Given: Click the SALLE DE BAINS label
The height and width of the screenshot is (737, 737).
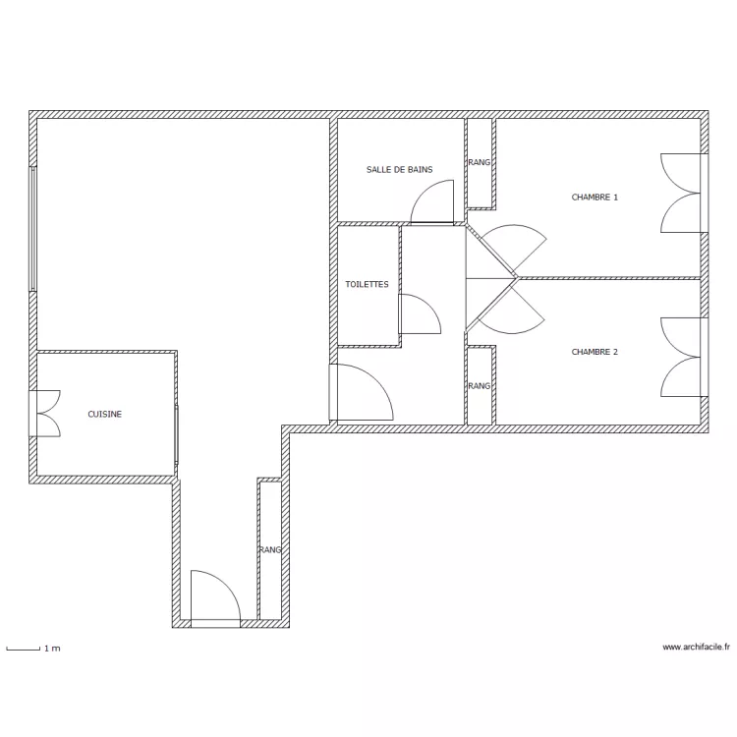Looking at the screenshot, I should point(399,170).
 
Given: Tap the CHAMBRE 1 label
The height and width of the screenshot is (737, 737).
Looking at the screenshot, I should point(595,198).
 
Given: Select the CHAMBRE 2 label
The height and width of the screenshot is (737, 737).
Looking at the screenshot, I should point(595,352).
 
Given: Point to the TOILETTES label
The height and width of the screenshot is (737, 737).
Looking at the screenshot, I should point(367,285).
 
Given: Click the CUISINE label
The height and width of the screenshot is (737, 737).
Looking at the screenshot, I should point(105,415).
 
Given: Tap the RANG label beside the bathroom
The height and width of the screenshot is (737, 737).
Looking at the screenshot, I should point(479,163).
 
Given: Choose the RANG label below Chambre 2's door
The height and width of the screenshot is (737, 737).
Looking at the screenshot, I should point(479,386).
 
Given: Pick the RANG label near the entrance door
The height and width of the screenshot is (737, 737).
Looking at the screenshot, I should point(270,550).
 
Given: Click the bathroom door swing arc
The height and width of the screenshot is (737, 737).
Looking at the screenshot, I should point(430,202).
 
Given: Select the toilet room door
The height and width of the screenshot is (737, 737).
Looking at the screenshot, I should point(417,314).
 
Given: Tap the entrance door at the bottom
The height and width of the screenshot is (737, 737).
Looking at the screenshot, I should point(214,597).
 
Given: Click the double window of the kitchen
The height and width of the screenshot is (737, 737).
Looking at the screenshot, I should point(45,412).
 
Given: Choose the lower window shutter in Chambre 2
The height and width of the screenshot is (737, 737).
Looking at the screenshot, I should point(681,374).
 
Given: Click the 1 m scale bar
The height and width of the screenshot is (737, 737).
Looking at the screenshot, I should point(24,649).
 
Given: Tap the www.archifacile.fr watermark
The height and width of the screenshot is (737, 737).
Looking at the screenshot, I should point(697,647).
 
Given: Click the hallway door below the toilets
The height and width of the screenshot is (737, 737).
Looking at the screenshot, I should point(360,393).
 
